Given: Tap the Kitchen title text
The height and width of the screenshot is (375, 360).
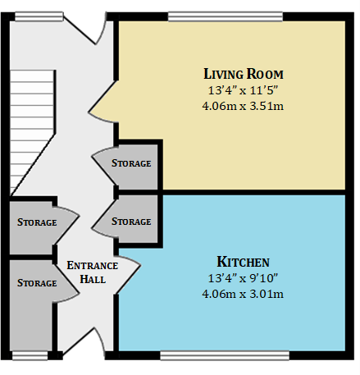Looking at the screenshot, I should [x=243, y=262].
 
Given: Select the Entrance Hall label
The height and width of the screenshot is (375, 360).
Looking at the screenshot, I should [x=92, y=272].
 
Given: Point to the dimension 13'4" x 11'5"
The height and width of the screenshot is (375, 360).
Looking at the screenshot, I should [x=244, y=89].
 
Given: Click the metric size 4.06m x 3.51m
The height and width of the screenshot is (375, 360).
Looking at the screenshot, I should [x=244, y=105].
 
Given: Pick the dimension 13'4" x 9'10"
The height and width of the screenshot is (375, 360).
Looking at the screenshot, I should [x=243, y=278].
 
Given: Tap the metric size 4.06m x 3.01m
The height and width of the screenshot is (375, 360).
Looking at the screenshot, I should [x=243, y=294].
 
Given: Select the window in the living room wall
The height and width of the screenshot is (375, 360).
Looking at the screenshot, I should [x=226, y=16].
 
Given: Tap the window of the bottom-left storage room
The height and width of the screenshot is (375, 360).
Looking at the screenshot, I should [x=30, y=355].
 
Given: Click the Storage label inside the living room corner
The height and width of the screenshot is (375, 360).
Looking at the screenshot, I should [x=131, y=163].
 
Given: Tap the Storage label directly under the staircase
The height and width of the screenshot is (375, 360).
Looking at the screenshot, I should [x=37, y=222].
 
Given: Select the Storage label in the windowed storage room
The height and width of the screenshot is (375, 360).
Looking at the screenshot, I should [x=37, y=283].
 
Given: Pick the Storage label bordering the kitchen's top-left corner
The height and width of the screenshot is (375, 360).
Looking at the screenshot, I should [x=131, y=222].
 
